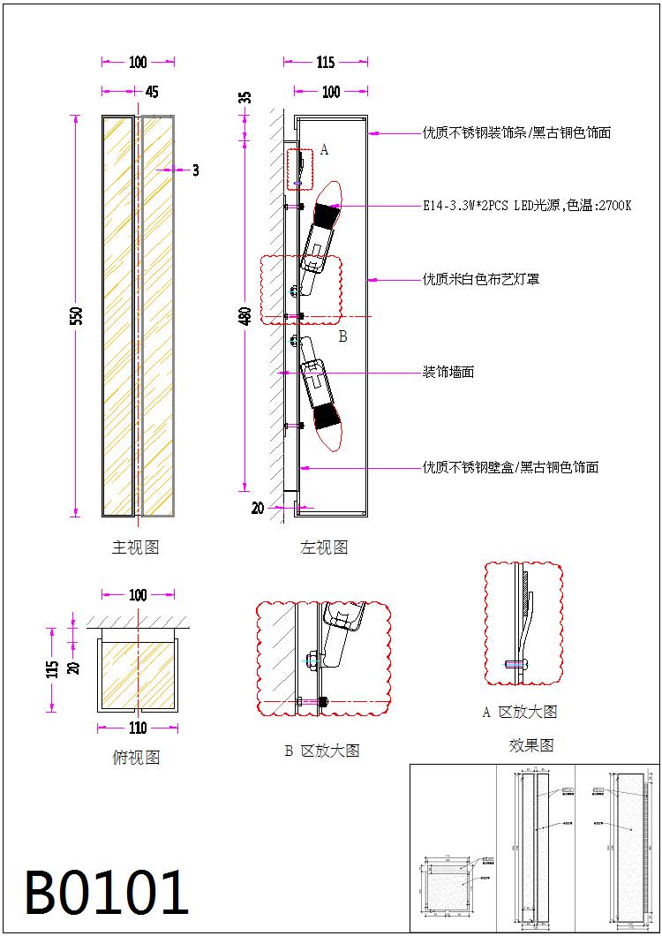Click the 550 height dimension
click(x=78, y=315)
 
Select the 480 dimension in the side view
click(x=246, y=314)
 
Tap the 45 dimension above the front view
click(x=151, y=92)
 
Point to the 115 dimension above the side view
click(x=325, y=63)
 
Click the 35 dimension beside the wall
click(x=246, y=98)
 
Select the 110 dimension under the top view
click(x=138, y=728)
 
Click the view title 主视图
click(x=135, y=548)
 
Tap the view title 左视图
click(x=324, y=548)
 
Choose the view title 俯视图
click(x=136, y=758)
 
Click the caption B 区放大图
click(x=321, y=751)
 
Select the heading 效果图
click(x=531, y=745)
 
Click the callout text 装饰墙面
click(x=448, y=373)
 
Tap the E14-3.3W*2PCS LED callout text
click(x=527, y=206)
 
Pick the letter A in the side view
click(x=324, y=150)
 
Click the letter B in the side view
click(x=342, y=336)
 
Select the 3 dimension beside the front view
click(x=195, y=170)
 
